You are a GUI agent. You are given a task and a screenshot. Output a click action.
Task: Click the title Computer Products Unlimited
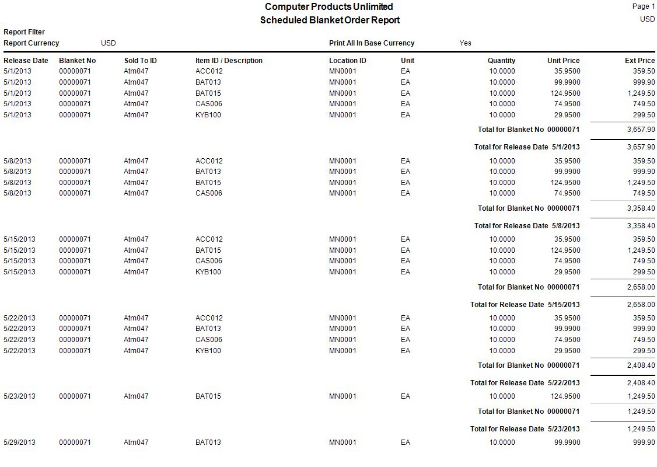(x=328, y=7)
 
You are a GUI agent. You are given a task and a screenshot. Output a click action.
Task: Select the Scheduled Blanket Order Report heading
(x=330, y=20)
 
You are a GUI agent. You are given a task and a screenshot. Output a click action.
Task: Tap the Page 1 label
(x=644, y=6)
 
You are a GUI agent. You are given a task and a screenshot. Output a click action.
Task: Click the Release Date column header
(x=26, y=61)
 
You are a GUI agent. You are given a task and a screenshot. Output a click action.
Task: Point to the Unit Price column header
(x=563, y=61)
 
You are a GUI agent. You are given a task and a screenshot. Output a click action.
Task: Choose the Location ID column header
(x=347, y=61)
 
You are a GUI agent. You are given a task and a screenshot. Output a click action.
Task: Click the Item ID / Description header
(x=229, y=61)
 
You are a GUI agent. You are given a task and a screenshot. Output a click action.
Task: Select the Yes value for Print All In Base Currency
(x=465, y=43)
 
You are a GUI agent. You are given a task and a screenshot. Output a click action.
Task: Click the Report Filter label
(x=24, y=32)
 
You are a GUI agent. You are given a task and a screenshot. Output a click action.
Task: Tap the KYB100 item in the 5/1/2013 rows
(x=208, y=115)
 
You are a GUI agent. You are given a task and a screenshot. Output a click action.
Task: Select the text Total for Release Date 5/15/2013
(x=525, y=305)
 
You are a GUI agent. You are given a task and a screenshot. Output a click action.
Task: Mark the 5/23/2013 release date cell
(x=19, y=396)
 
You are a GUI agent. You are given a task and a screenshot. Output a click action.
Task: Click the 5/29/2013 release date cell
(x=19, y=442)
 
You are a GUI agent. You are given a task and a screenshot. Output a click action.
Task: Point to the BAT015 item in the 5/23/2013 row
(x=208, y=396)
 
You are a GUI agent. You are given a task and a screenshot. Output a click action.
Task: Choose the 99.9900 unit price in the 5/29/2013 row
(x=567, y=442)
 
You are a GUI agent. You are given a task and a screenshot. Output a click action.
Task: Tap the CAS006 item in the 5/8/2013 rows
(x=208, y=193)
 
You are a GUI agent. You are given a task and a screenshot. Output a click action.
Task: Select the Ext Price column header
(x=639, y=61)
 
